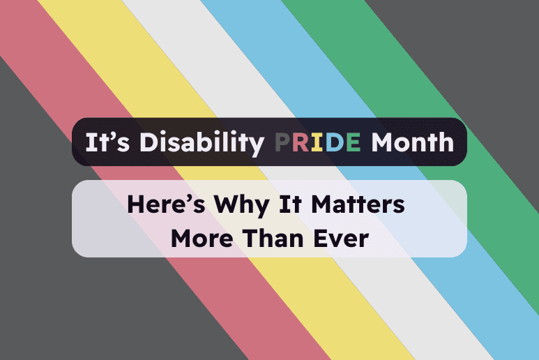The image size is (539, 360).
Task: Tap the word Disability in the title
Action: pyautogui.click(x=202, y=142)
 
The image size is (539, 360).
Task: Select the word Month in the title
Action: pyautogui.click(x=412, y=142)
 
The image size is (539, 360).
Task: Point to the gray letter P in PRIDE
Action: pyautogui.click(x=282, y=142)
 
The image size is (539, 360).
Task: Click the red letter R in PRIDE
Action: pyautogui.click(x=301, y=142)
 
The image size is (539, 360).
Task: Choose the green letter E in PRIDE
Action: pyautogui.click(x=352, y=142)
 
